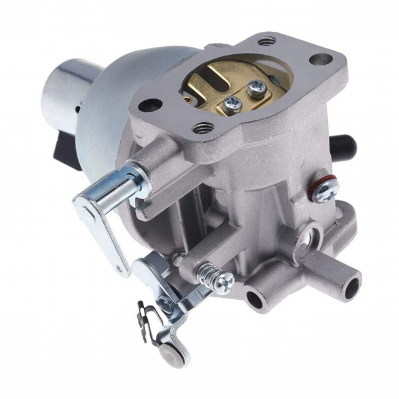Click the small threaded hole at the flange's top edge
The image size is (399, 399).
[267, 41]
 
